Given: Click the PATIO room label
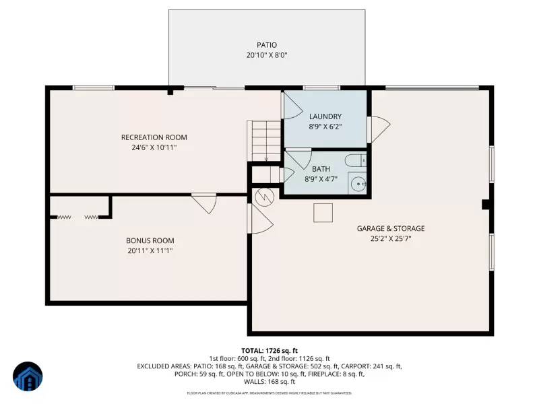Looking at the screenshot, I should pos(266,45).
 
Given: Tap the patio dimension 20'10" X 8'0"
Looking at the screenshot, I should pos(266,56).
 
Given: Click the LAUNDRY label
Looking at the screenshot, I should pos(325,116).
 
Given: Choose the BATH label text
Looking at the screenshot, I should pos(320,168).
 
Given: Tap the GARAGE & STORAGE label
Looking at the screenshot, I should pos(391,228).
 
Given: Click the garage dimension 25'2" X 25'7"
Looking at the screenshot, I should pos(391,239).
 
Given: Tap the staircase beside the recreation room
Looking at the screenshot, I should pos(263,140).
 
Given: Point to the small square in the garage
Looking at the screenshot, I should pos(323,212).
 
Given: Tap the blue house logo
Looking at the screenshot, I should pos(28,378).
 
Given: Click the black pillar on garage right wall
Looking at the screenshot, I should pos(486,205).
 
